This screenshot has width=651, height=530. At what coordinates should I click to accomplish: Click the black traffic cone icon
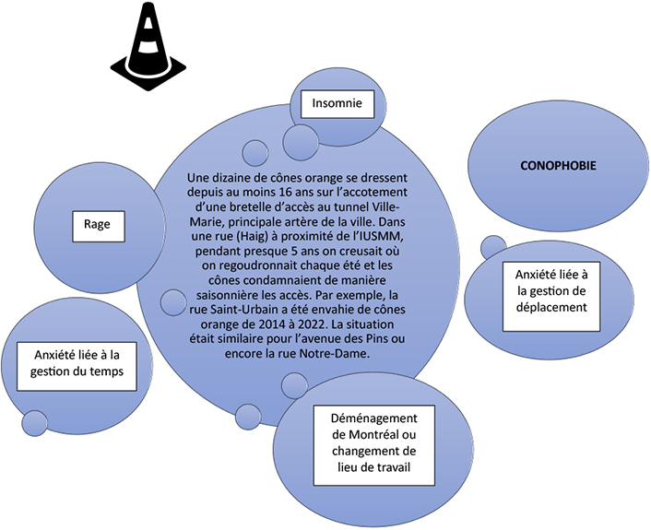coord(148,46)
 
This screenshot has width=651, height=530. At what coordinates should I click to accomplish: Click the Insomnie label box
coord(337,104)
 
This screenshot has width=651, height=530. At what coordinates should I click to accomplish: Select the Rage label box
coord(99,226)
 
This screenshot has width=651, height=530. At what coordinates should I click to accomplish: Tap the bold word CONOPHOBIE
coord(558,166)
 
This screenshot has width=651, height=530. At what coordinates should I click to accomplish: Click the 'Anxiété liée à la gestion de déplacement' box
coord(551,296)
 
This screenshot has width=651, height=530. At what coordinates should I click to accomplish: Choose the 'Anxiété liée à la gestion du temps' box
coord(77,366)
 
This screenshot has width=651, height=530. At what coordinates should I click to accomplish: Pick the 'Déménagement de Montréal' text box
coord(374,445)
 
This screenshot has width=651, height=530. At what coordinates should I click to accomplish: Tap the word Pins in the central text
coord(376,338)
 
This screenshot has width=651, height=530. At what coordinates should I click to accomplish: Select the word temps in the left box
coord(109,371)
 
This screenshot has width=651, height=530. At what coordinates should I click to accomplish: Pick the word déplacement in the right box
coord(551,308)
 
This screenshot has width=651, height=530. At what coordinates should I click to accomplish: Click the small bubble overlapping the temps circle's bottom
coord(35,423)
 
